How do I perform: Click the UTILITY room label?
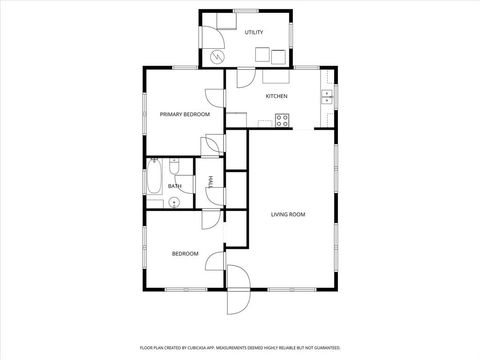pos(254,32)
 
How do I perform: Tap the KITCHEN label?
pos(276,96)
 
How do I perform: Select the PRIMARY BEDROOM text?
pos(185,115)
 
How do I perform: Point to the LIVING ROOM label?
pos(288,214)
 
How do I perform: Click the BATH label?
pos(175,186)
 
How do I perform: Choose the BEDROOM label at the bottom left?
pos(185,254)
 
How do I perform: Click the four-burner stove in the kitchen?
pos(283,120)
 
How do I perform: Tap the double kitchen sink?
pos(327,96)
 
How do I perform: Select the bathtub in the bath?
pos(155,181)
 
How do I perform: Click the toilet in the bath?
pos(174,166)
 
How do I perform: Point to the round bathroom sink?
pos(174,203)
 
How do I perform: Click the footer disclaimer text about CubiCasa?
pos(240,349)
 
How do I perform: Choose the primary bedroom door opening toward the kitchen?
pos(215,98)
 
